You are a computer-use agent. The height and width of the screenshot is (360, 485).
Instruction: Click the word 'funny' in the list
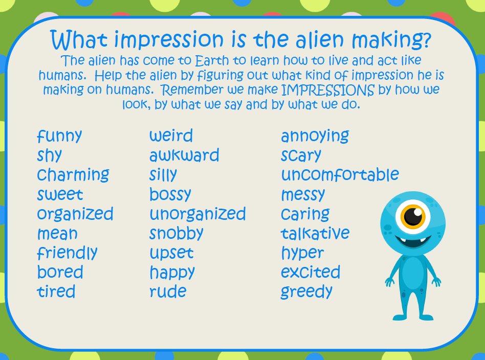[59, 136]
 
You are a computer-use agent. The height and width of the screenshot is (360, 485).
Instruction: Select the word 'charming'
[73, 175]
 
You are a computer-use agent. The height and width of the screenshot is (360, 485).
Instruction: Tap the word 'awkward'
[184, 155]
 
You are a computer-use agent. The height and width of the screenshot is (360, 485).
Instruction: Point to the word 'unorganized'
[197, 214]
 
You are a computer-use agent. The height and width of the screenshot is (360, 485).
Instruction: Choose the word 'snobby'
[177, 233]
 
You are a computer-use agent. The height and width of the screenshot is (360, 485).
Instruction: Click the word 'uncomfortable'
[340, 174]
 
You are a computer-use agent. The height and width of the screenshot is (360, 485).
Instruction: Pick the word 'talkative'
[315, 233]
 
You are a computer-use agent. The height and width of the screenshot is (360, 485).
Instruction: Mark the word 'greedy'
[306, 292]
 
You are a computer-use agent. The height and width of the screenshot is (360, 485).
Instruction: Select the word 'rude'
[168, 291]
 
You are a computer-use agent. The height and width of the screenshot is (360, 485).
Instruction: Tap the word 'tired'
[56, 291]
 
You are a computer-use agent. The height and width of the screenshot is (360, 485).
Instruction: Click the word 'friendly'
[67, 253]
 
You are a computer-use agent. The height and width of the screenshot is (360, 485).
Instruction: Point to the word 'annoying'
[315, 136]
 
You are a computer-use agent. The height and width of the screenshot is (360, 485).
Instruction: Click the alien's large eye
[413, 216]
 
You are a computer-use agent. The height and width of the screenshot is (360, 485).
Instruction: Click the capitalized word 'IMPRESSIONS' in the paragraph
[328, 90]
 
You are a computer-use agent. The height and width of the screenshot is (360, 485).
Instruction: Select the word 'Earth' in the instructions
[212, 61]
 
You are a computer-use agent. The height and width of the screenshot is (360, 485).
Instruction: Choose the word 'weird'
[171, 136]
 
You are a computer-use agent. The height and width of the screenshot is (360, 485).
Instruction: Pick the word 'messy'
[303, 195]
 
